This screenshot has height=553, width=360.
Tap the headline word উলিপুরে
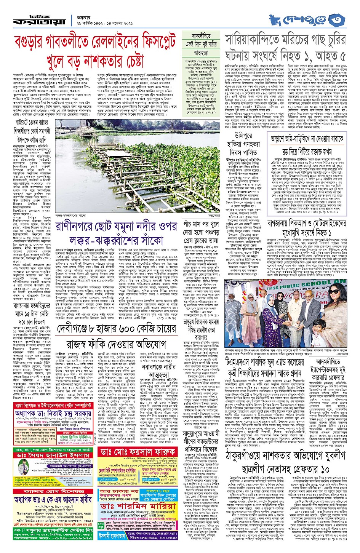[x=243, y=136]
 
